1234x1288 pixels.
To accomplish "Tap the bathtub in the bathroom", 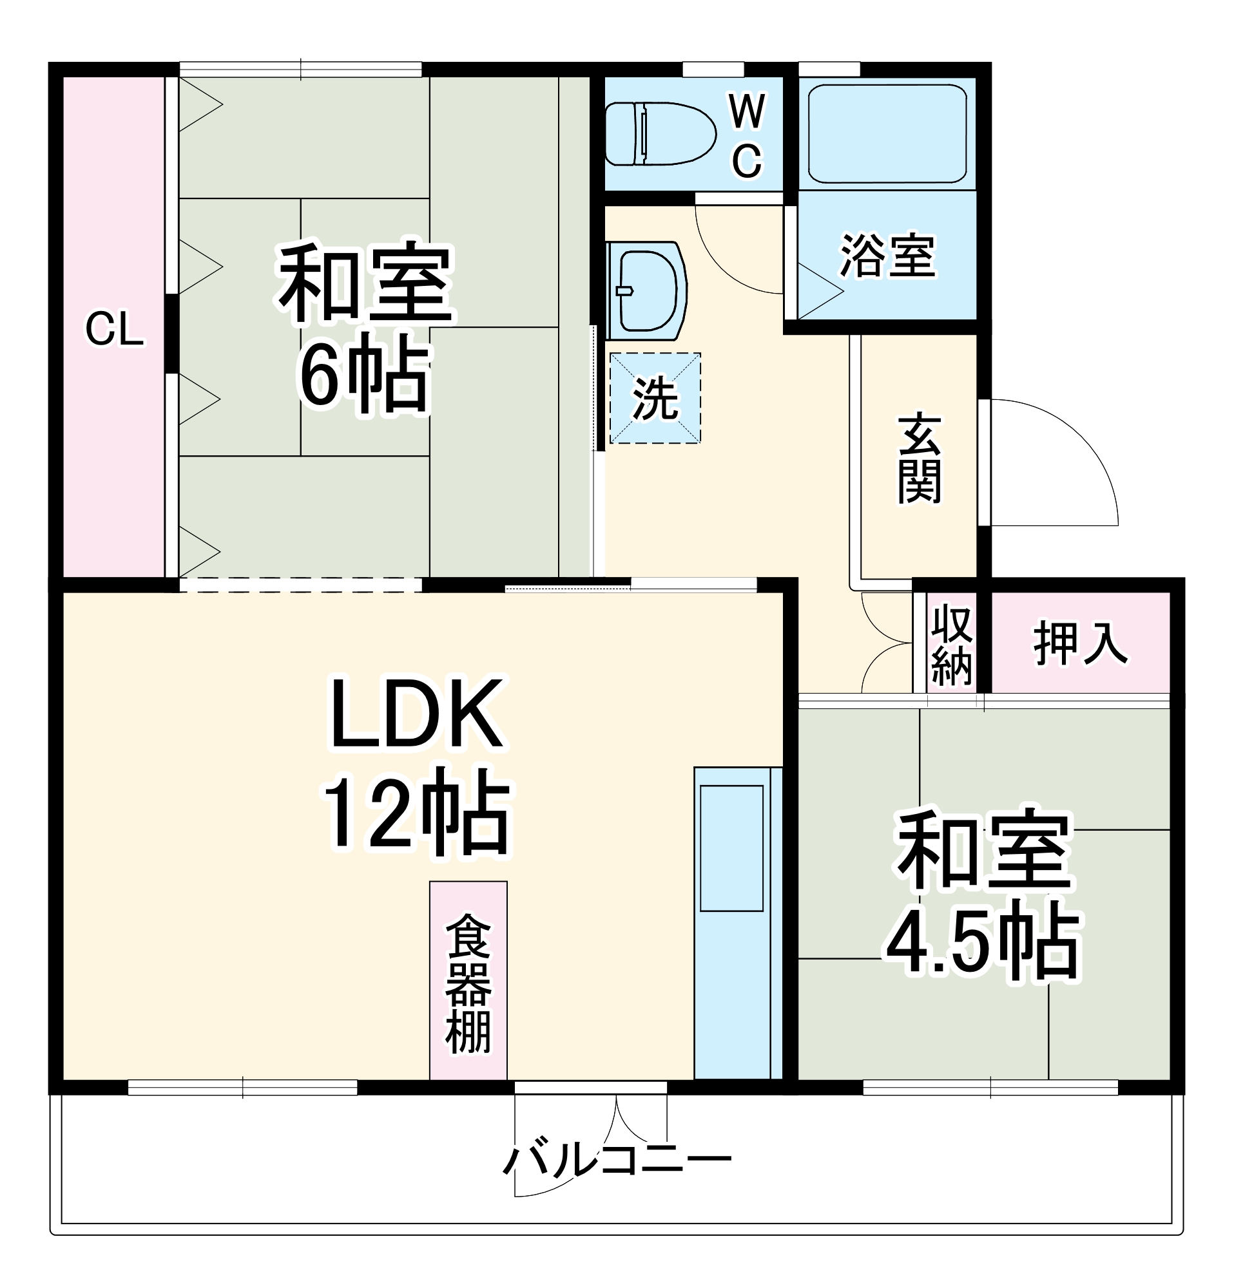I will pos(886,133).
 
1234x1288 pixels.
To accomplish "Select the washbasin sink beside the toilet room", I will pos(647,290).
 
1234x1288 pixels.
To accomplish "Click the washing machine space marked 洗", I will pos(655,398).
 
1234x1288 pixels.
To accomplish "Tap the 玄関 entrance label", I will pos(919,458).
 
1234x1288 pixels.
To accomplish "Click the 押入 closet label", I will pos(1080,643).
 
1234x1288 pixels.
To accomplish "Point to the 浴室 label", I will pos(887,256).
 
